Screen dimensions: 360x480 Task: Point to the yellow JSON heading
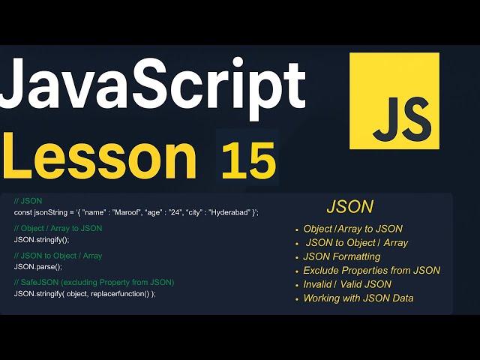[x=349, y=206]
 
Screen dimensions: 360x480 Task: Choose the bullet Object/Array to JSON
[x=352, y=229]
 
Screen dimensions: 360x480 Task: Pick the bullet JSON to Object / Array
[x=357, y=242]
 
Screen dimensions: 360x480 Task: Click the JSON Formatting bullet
[x=342, y=256]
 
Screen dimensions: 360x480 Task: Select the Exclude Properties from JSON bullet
[x=371, y=270]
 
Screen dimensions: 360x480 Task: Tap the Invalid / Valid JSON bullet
[x=347, y=284]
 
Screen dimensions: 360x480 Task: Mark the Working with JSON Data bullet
[x=358, y=298]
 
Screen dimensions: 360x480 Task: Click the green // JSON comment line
[x=28, y=201]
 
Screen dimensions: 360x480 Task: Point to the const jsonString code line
[x=136, y=212]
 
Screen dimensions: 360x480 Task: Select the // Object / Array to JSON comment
[x=58, y=228]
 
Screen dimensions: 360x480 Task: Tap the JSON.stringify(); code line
[x=41, y=240]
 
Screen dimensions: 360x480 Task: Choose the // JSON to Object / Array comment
[x=58, y=256]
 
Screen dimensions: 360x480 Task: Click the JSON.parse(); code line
[x=37, y=267]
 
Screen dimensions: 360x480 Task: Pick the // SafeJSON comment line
[x=94, y=282]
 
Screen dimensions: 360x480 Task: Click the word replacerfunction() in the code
[x=120, y=294]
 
